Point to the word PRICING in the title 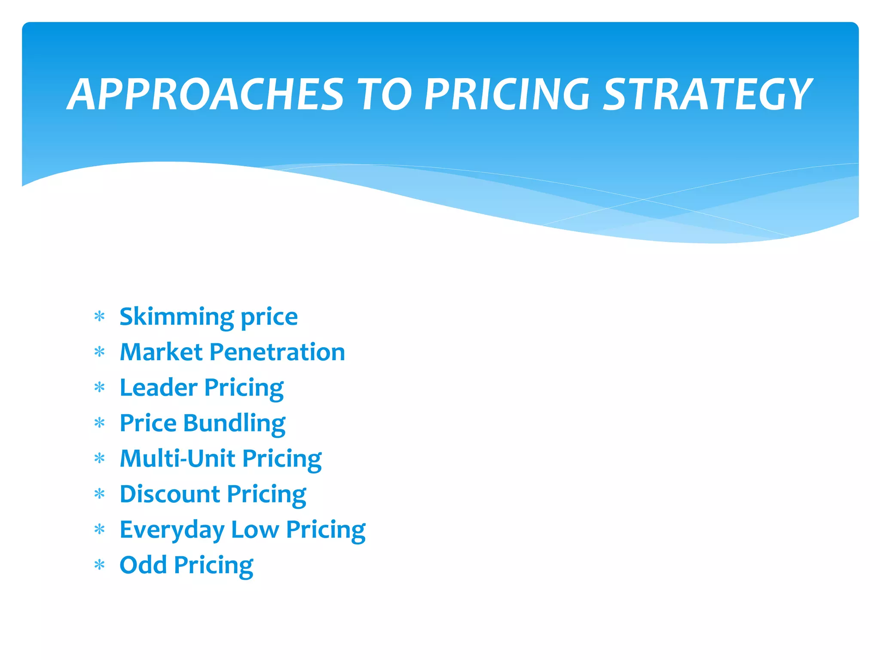click(x=507, y=94)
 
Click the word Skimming click(x=177, y=317)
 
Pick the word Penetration click(x=277, y=352)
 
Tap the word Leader click(x=158, y=388)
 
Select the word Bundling click(x=234, y=424)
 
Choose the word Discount click(x=170, y=494)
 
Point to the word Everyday click(x=172, y=530)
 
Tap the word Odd click(x=143, y=565)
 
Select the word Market click(x=161, y=352)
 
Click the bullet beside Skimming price click(x=100, y=317)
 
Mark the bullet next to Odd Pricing click(x=100, y=565)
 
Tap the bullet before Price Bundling click(x=100, y=423)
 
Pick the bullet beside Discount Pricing click(x=100, y=494)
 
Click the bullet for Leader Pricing click(x=100, y=388)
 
